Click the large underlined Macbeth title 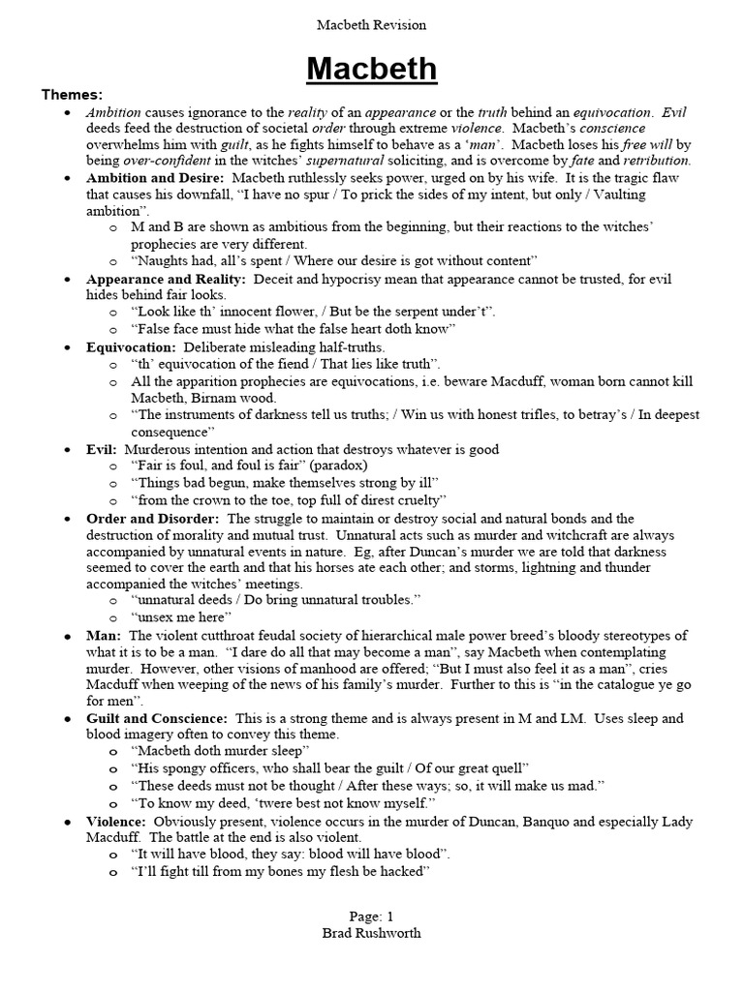coord(372,69)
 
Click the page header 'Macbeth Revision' coord(372,24)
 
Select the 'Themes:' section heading coord(72,94)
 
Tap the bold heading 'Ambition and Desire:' coord(155,178)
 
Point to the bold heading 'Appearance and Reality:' coord(166,279)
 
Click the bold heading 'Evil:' coord(102,449)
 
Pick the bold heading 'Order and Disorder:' coord(152,519)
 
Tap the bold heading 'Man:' coord(104,635)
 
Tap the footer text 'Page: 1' coord(372,916)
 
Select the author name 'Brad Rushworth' coord(372,933)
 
